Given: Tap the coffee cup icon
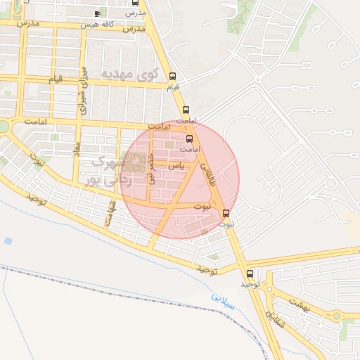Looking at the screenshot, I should pos(97,13).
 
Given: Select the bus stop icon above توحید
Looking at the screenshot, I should pos(250,274).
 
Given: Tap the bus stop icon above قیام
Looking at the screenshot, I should pos(172,77).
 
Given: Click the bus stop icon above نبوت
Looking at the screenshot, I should pos(226,214).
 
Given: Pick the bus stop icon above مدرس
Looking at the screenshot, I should pos(136,3).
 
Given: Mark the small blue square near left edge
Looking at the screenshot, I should pos(8,240).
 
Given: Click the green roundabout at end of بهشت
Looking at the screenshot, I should pos(336,316).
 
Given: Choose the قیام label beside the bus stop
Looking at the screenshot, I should pos(172,87).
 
